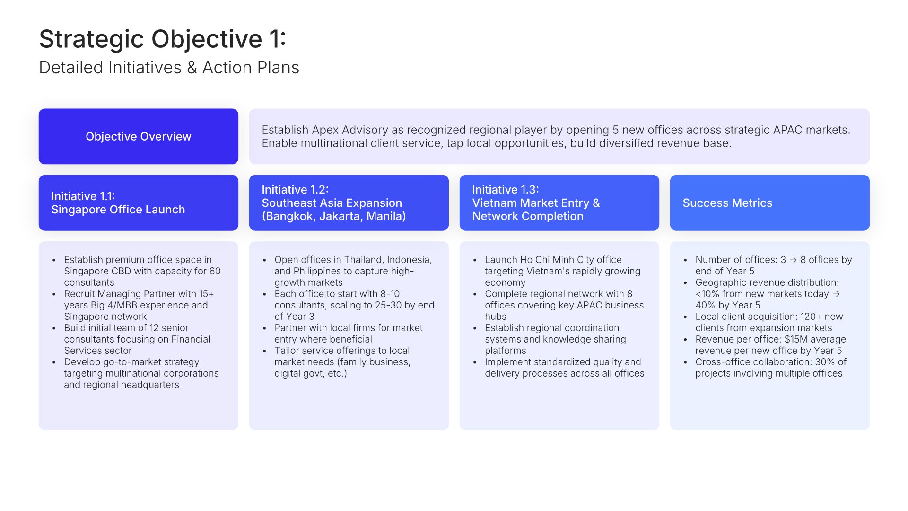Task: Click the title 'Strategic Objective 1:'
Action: click(163, 39)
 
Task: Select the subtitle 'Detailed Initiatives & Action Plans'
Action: click(169, 68)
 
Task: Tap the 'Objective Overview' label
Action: click(139, 136)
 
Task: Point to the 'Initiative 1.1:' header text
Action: click(83, 196)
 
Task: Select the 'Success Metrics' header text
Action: click(727, 203)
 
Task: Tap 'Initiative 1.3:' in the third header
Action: click(506, 190)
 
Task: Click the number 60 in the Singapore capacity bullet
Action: click(215, 271)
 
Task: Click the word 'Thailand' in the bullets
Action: click(364, 260)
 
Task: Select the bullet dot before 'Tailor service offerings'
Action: click(264, 351)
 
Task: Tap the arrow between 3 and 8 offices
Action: click(793, 260)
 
